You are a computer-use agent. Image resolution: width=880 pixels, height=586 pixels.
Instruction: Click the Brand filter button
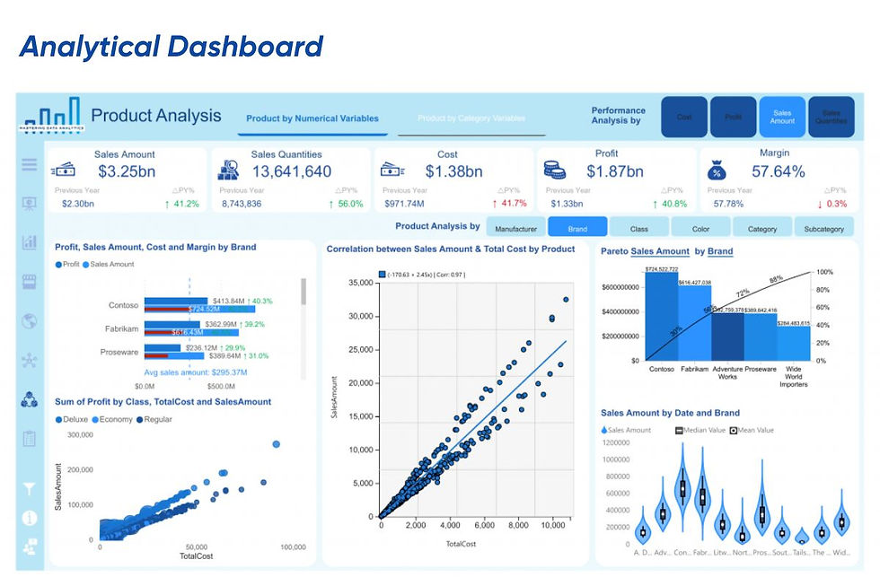pyautogui.click(x=577, y=228)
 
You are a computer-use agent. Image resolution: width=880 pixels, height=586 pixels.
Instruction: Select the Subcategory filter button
pyautogui.click(x=823, y=228)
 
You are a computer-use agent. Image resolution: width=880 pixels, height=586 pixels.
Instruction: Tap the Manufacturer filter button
pyautogui.click(x=515, y=228)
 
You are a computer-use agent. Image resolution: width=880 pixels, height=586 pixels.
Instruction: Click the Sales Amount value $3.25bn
pyautogui.click(x=125, y=171)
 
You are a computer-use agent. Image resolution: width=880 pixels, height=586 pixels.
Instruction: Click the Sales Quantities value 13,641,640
pyautogui.click(x=291, y=171)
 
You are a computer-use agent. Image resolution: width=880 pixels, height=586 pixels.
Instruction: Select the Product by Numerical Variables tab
pyautogui.click(x=312, y=118)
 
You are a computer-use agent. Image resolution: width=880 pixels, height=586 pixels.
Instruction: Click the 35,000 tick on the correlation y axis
pyautogui.click(x=359, y=283)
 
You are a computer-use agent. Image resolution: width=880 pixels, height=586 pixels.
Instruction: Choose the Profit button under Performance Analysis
pyautogui.click(x=733, y=117)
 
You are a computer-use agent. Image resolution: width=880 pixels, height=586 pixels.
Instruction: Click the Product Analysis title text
pyautogui.click(x=155, y=115)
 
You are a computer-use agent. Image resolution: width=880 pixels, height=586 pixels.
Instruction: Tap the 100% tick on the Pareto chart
pyautogui.click(x=825, y=271)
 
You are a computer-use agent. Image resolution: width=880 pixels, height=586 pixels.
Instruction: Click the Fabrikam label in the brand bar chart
pyautogui.click(x=121, y=328)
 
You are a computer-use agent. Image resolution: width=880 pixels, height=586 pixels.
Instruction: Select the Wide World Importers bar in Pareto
pyautogui.click(x=793, y=343)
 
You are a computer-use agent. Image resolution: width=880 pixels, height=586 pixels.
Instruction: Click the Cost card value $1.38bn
pyautogui.click(x=453, y=171)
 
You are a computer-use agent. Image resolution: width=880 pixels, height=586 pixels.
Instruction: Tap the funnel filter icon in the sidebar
pyautogui.click(x=28, y=489)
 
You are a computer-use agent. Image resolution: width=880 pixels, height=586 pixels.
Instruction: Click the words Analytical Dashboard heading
pyautogui.click(x=171, y=47)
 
